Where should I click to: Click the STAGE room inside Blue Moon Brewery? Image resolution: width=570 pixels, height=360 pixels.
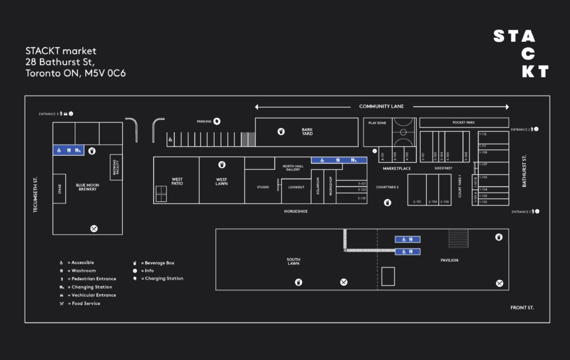click(60, 189)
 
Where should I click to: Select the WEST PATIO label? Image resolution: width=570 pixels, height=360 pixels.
click(177, 181)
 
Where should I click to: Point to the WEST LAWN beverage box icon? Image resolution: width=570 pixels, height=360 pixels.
click(222, 165)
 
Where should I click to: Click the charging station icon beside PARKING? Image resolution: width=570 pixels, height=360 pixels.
click(217, 121)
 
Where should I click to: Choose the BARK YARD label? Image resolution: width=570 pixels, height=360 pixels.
click(307, 131)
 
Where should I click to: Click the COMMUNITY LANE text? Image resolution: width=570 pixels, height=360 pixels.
click(381, 106)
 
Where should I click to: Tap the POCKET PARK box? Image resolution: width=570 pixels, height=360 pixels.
click(464, 122)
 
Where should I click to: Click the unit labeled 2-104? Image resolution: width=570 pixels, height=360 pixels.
click(433, 202)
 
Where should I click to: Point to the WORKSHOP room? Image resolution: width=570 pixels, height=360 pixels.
click(330, 186)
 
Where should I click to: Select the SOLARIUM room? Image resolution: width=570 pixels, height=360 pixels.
click(318, 186)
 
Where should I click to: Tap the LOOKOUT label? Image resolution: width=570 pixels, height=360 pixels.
click(296, 187)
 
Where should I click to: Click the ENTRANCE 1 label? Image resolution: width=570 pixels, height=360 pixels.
click(521, 212)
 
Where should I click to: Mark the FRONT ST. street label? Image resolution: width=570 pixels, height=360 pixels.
click(522, 308)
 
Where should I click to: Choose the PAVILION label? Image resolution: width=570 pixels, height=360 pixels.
click(450, 260)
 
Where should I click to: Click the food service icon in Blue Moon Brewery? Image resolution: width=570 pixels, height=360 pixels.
click(94, 228)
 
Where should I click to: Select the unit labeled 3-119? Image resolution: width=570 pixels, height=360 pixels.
click(362, 198)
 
